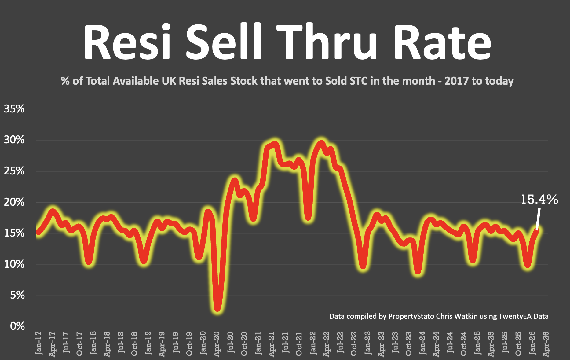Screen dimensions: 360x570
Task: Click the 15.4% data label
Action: click(x=539, y=200)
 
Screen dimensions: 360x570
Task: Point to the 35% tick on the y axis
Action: click(x=14, y=109)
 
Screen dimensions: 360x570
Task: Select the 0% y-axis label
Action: click(x=17, y=326)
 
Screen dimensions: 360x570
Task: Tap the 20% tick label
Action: click(x=14, y=202)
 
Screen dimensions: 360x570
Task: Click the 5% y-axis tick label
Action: click(x=17, y=295)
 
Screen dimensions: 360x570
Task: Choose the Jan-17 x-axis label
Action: click(x=39, y=343)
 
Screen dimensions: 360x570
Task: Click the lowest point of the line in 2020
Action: click(x=217, y=309)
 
